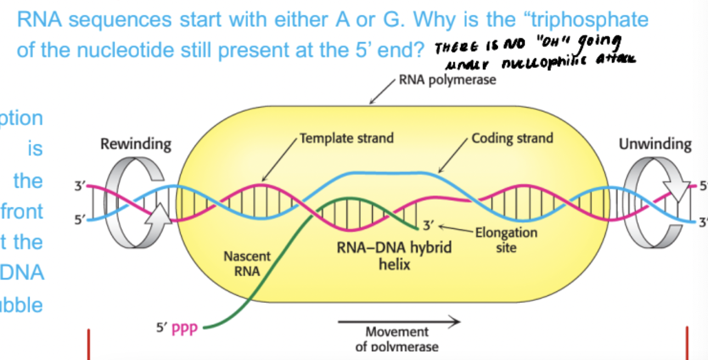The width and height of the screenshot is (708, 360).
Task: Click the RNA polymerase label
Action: pos(447,80)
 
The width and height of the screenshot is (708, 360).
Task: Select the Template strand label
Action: pos(346,138)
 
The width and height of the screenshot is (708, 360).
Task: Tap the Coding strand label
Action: pos(512,138)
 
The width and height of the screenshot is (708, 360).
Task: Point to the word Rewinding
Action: pos(136,144)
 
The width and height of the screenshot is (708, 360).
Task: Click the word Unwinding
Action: pos(655,144)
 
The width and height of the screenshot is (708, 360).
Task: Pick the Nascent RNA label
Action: pos(247,263)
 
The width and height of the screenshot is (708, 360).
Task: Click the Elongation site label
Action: pos(505,240)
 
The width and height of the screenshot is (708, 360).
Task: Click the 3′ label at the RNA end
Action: pos(428,224)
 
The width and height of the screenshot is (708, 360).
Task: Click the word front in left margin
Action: pos(22,211)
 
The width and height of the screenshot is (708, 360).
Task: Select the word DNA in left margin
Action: pos(22,273)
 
